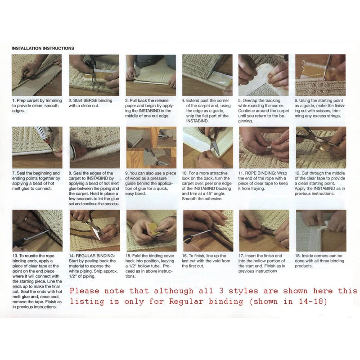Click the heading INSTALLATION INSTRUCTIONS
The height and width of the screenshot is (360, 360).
[x=43, y=48]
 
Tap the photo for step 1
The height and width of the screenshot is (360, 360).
[x=37, y=75]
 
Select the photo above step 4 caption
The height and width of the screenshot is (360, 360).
[x=207, y=75]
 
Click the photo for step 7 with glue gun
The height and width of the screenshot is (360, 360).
[x=37, y=147]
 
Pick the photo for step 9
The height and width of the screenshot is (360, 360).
[x=151, y=147]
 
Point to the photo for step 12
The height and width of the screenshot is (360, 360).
[x=320, y=147]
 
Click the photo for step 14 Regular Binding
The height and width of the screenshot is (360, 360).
[x=94, y=230]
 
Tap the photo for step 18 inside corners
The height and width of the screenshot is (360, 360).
[x=320, y=230]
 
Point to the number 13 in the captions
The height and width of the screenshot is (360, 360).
[x=15, y=256]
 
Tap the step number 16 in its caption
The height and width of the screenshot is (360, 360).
[x=185, y=256]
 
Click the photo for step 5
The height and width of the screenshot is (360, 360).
[x=264, y=75]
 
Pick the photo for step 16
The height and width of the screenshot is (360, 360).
[x=207, y=230]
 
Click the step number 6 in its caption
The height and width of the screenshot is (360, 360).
[x=297, y=100]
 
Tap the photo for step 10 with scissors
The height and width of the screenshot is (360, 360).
[x=207, y=147]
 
